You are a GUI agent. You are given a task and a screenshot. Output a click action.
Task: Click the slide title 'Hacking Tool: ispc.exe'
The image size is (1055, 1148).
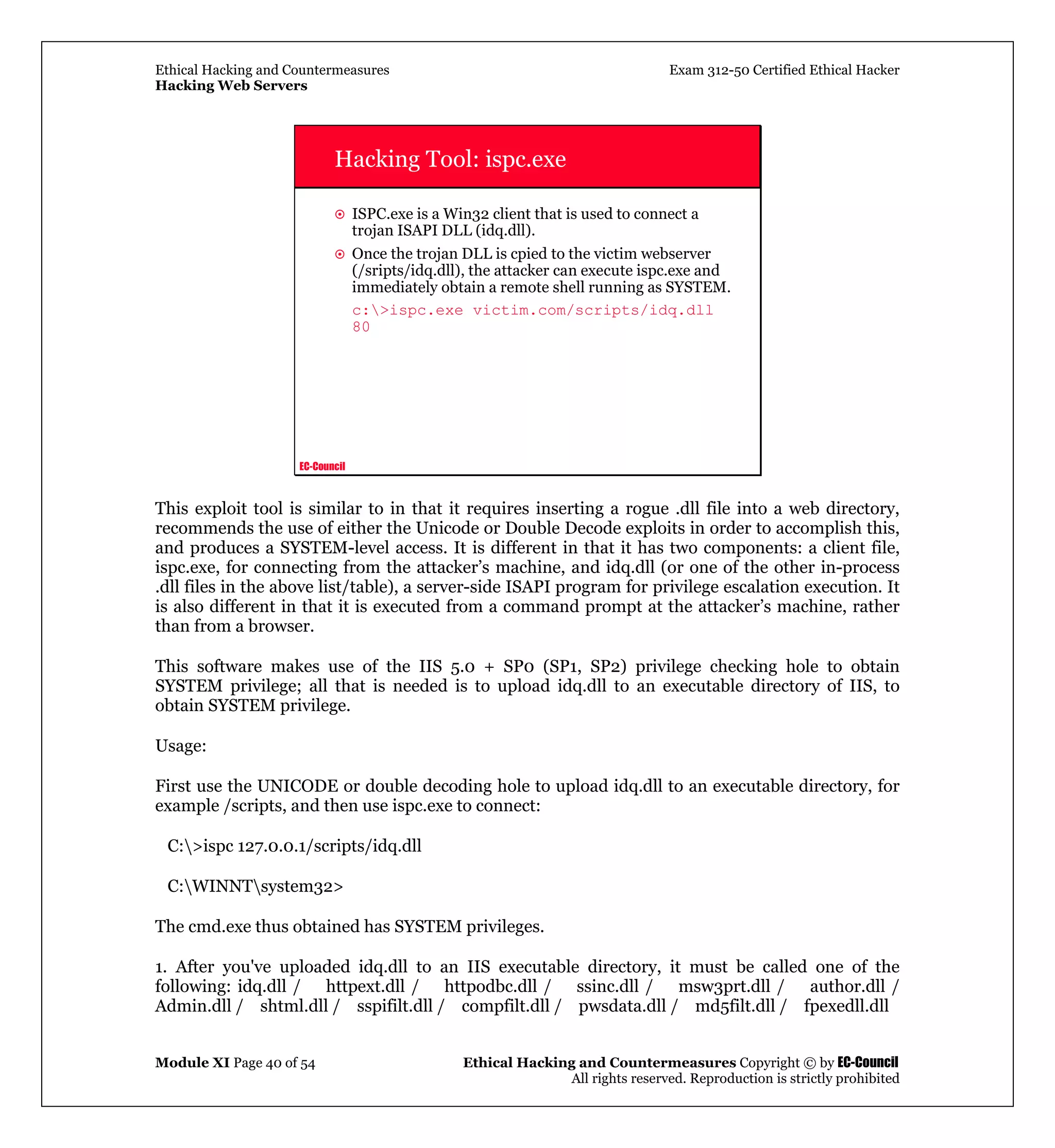coord(450,159)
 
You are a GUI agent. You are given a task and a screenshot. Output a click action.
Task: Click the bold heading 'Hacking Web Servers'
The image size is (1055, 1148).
coord(231,86)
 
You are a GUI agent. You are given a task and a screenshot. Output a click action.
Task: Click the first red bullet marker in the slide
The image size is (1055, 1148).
coord(339,215)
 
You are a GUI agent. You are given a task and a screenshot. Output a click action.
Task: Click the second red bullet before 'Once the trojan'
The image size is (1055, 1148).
coord(339,255)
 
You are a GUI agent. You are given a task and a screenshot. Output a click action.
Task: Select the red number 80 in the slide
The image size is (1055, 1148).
coord(361,327)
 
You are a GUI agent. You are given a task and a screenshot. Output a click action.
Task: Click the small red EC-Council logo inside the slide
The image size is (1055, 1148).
coord(322,467)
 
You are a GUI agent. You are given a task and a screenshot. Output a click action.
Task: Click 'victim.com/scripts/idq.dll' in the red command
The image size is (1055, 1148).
coord(592,310)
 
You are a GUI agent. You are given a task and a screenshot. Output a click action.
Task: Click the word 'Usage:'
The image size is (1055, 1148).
coord(180,746)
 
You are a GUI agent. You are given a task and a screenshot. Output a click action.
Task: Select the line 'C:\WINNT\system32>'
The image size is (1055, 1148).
coord(255,886)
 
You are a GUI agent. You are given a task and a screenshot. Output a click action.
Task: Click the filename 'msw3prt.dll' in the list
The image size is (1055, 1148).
coord(724,986)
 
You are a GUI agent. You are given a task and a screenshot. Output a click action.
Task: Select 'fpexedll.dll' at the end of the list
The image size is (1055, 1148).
coord(846,1006)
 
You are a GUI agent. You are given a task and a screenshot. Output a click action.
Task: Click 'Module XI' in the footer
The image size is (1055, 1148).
coord(192,1062)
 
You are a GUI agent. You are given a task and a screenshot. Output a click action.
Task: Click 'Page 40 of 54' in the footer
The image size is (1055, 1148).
coord(274,1063)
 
